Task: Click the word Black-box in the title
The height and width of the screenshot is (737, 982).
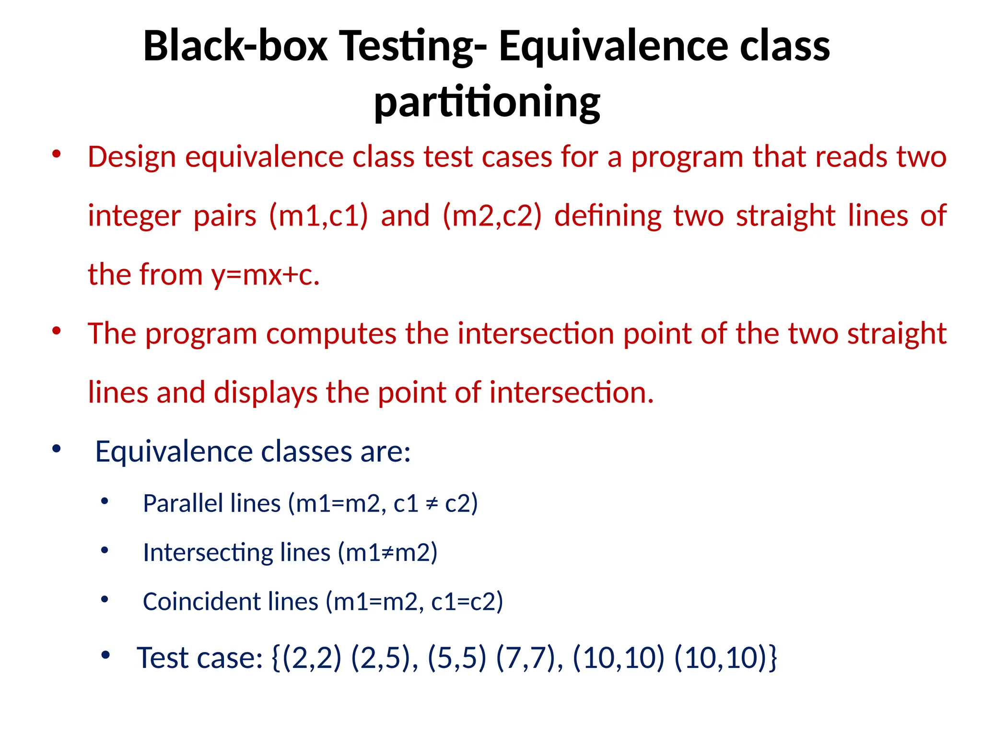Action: [235, 47]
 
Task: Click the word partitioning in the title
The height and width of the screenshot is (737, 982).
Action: [487, 102]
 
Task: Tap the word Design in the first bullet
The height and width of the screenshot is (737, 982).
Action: [132, 157]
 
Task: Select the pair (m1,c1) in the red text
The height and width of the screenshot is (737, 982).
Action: [318, 215]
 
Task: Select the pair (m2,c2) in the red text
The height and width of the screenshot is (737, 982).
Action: [492, 215]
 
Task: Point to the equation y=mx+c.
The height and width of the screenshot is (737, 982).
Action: [265, 275]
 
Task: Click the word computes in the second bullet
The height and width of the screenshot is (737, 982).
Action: [331, 333]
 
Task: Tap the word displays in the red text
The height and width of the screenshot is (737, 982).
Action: [265, 392]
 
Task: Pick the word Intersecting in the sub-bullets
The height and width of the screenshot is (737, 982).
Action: [208, 553]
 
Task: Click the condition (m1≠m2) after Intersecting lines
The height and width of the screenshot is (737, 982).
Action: [387, 553]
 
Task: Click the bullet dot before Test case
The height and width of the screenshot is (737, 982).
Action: [105, 655]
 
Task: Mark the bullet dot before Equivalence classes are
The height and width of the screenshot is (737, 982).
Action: [57, 449]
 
